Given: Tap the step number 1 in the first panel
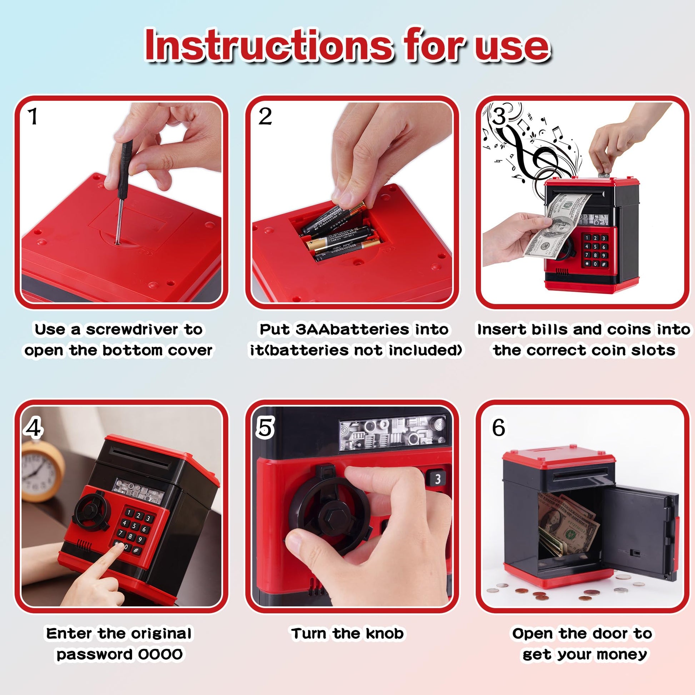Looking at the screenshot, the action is pyautogui.click(x=33, y=117).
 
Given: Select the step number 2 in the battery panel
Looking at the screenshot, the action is pyautogui.click(x=265, y=116).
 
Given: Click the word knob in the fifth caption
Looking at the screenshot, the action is pyautogui.click(x=384, y=634).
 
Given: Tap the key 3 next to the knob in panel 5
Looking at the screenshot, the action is pyautogui.click(x=437, y=479).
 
